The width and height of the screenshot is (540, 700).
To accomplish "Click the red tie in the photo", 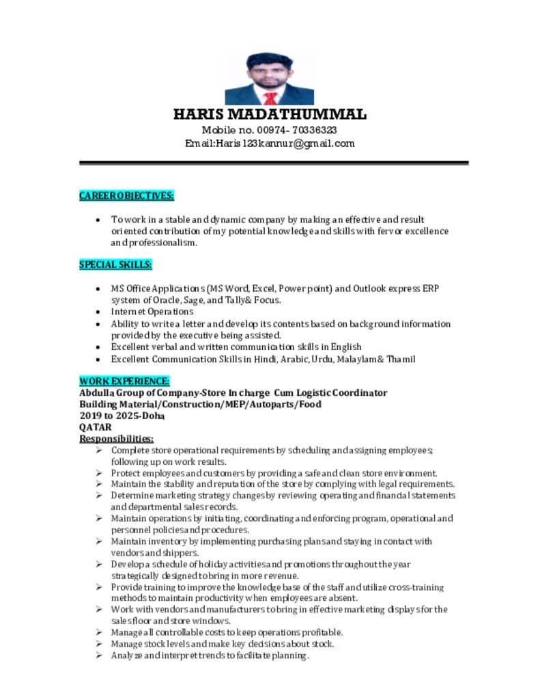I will pyautogui.click(x=270, y=97).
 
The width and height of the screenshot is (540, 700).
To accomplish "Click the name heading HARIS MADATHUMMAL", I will pyautogui.click(x=270, y=114).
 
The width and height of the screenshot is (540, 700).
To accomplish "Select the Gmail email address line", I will pyautogui.click(x=270, y=144).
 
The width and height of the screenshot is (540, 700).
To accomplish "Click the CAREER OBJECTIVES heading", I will pyautogui.click(x=126, y=196).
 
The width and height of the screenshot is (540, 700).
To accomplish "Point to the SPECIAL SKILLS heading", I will pyautogui.click(x=115, y=265).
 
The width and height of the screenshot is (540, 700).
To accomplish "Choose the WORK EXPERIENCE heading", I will pyautogui.click(x=124, y=381).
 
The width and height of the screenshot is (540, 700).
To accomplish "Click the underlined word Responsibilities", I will pyautogui.click(x=116, y=438).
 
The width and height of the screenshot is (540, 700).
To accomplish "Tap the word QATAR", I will pyautogui.click(x=96, y=427).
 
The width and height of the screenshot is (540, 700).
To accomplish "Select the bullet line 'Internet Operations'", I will pyautogui.click(x=152, y=312).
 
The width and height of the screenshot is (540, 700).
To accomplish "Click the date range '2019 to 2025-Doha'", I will pyautogui.click(x=122, y=416).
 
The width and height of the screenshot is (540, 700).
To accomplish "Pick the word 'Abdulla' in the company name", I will pyautogui.click(x=96, y=393).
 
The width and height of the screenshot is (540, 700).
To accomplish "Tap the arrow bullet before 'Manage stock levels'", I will pyautogui.click(x=99, y=644).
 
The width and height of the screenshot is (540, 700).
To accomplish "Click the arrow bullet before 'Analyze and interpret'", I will pyautogui.click(x=99, y=656).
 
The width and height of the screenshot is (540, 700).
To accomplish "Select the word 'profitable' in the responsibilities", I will pyautogui.click(x=320, y=632).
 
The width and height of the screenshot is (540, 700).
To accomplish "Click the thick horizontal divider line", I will pyautogui.click(x=274, y=163).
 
